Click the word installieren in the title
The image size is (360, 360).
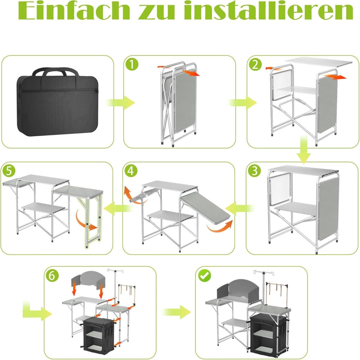pos(269,11)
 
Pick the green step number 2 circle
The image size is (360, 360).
pos(255,64)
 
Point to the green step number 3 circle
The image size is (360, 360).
pos(255,171)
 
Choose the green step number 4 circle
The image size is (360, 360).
pos(131,171)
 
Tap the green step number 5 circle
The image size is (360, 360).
pos(9,171)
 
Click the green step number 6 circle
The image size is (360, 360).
pos(52,275)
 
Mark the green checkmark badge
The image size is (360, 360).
pos(205,275)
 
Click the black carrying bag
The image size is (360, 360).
pos(57,102)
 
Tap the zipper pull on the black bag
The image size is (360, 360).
pos(96,91)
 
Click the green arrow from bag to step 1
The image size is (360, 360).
pos(120,102)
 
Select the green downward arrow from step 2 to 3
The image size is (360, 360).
pos(303,149)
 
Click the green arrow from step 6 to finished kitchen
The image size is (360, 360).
pos(176,312)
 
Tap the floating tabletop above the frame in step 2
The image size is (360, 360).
pos(319,62)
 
